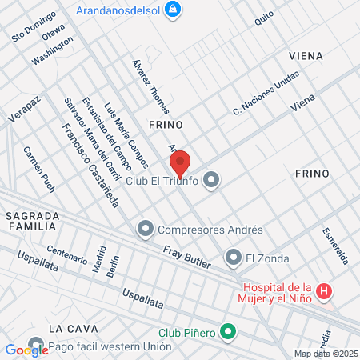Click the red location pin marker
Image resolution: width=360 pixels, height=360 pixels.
click(x=181, y=163)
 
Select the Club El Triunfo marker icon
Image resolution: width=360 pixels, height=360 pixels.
click(x=211, y=180)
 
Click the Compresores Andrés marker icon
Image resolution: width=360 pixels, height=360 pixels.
click(x=145, y=230)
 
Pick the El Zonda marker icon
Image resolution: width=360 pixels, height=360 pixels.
click(x=233, y=258)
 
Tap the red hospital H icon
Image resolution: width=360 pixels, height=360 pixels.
click(x=324, y=292)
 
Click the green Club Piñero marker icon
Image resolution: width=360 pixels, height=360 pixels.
click(x=228, y=330)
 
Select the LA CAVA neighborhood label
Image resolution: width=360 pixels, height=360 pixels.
click(x=72, y=329)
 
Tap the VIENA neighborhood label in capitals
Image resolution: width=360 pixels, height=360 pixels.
click(x=307, y=56)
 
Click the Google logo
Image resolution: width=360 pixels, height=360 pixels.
click(x=26, y=350)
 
